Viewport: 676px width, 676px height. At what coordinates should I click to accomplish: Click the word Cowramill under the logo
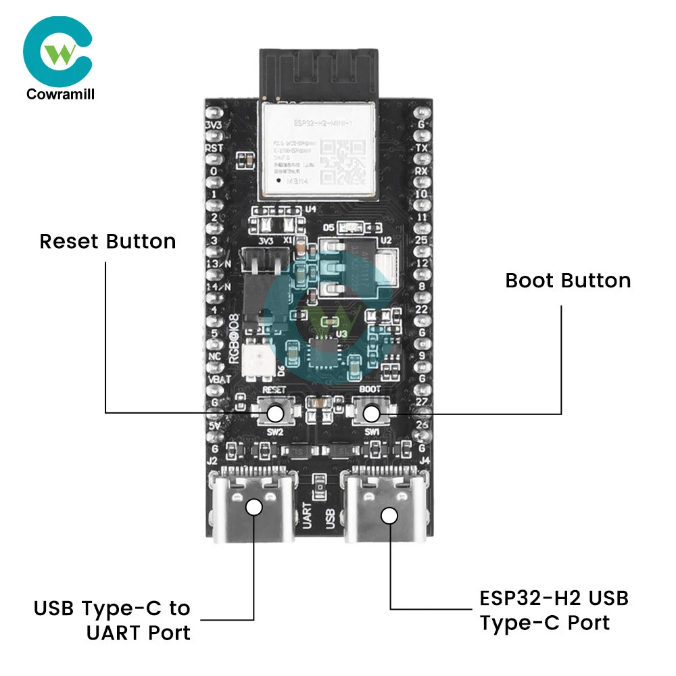coord(60,94)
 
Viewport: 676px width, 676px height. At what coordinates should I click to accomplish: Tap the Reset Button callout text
coord(107,241)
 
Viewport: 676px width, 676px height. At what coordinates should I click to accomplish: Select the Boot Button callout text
coord(568,281)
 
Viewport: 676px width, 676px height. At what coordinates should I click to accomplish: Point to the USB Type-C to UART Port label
coord(112,621)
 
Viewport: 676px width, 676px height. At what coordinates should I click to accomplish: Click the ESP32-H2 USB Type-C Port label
coord(554,610)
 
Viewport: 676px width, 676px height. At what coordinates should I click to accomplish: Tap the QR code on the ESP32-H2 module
coord(344,162)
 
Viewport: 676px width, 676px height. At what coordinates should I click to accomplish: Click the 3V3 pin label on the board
coord(213,126)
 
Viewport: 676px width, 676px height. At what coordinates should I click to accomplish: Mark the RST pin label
coord(214,148)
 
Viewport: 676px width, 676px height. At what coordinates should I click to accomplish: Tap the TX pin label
coord(422,148)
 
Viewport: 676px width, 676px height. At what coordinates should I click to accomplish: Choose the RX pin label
coord(422,171)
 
